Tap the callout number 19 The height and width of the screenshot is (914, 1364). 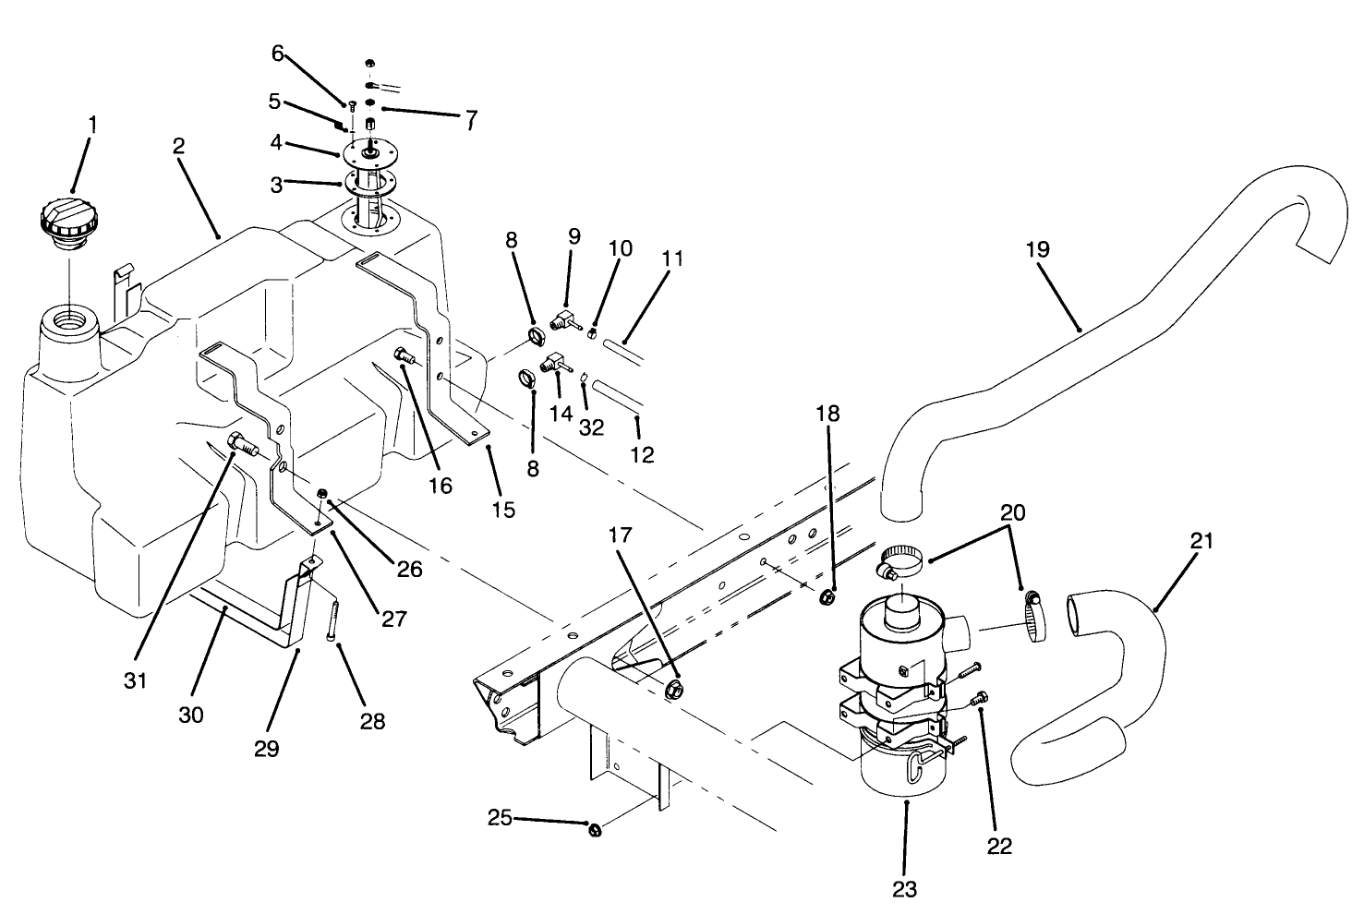coord(1037,249)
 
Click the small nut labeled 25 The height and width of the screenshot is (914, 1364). coord(595,830)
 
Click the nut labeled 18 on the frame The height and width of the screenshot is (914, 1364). coord(827,597)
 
